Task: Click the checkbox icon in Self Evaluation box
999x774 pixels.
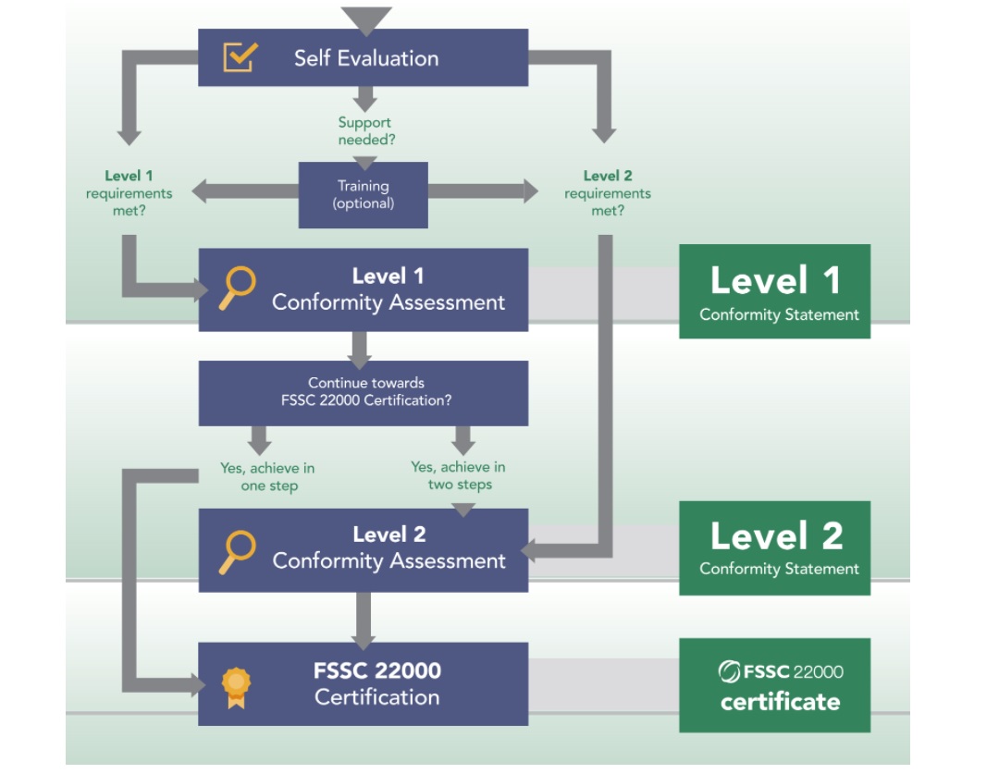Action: (x=240, y=57)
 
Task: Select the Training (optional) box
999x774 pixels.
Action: (x=363, y=194)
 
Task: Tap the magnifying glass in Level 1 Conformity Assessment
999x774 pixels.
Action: (x=236, y=288)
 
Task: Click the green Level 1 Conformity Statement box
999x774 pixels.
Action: (x=774, y=291)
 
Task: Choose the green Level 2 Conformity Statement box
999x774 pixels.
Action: (x=774, y=547)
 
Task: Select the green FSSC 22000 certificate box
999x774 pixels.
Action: (x=774, y=685)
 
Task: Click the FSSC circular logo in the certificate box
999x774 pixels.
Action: (x=729, y=672)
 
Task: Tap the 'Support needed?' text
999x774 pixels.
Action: (x=364, y=131)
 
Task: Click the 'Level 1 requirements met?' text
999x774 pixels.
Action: (x=129, y=193)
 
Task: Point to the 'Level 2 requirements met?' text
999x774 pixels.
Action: (x=607, y=193)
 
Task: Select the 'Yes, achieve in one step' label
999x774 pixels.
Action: (x=266, y=477)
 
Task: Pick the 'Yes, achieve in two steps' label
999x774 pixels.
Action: (x=459, y=475)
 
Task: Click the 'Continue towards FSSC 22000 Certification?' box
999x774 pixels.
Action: (x=363, y=392)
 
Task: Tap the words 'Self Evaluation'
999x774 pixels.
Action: (x=366, y=58)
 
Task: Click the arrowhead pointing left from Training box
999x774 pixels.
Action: (x=198, y=191)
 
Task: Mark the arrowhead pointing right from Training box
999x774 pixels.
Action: (x=530, y=191)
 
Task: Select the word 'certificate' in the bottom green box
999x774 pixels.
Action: (x=780, y=702)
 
